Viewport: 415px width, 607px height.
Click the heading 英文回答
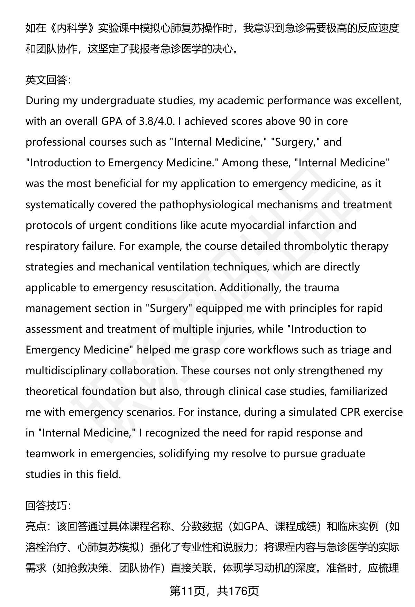point(48,80)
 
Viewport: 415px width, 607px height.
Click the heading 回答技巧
point(48,506)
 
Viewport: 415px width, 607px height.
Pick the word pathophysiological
point(206,204)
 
